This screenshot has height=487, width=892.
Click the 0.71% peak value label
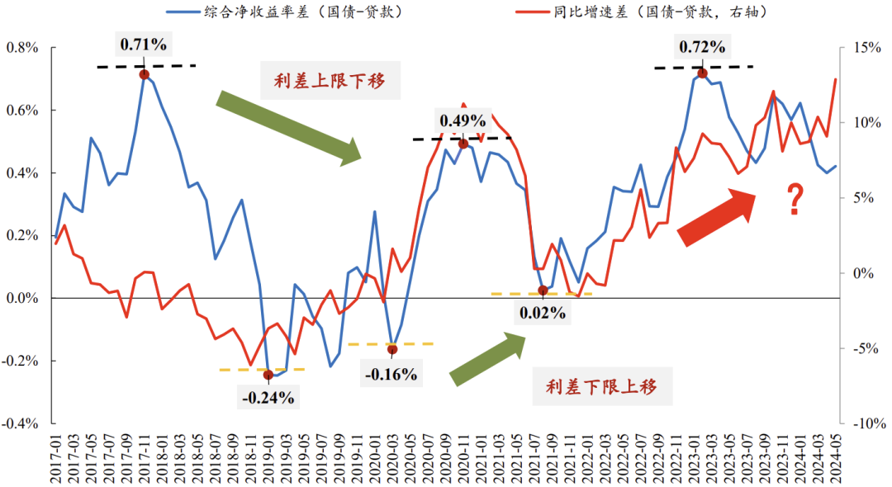(x=145, y=45)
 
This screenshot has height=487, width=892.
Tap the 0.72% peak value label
(x=703, y=48)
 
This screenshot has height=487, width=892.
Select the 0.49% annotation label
(x=463, y=121)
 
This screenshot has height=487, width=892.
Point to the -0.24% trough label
(x=268, y=398)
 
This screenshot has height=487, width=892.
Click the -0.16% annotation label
(x=391, y=373)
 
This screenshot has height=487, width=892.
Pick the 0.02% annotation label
(x=542, y=313)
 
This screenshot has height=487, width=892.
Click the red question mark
(x=795, y=201)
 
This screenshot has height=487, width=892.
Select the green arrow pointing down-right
(x=289, y=127)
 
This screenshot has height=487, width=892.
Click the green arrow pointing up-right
(x=488, y=358)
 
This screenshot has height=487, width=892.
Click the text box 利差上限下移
(x=330, y=81)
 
